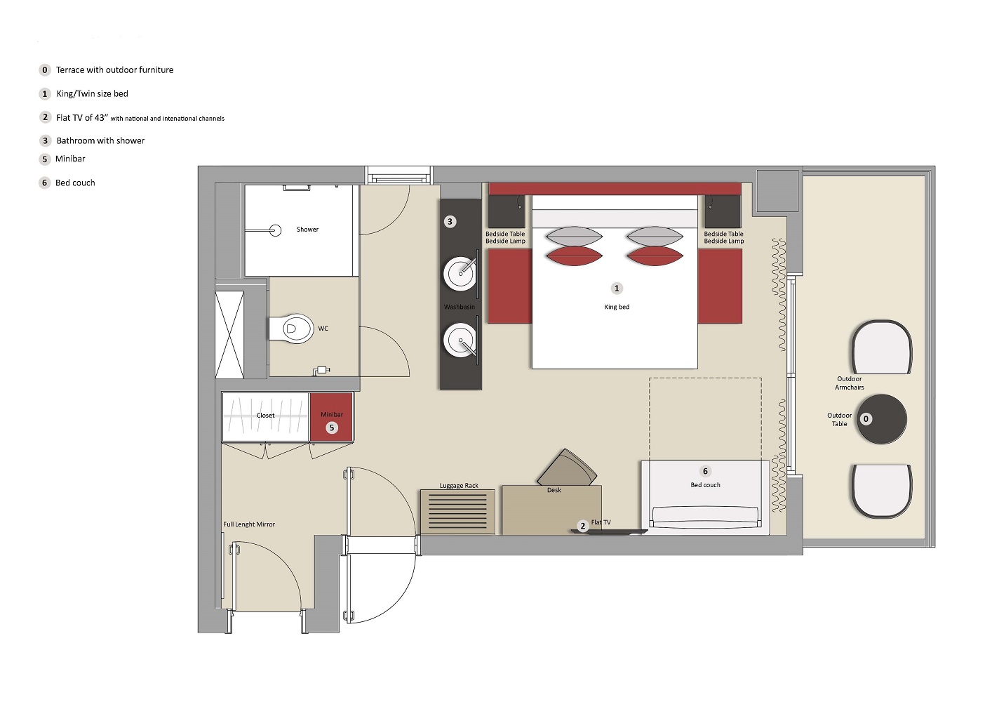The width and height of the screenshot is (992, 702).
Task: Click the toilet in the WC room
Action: [291, 329]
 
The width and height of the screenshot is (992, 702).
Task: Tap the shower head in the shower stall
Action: [276, 230]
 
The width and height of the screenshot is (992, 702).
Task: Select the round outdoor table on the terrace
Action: [881, 419]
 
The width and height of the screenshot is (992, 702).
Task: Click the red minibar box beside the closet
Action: [331, 417]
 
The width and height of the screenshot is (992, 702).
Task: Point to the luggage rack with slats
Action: [457, 512]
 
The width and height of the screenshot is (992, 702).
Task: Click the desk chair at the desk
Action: [567, 468]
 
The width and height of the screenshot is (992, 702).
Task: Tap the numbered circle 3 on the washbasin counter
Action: [450, 222]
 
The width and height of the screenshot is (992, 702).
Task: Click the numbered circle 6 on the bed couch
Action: [706, 471]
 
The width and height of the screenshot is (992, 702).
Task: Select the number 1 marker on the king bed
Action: [617, 289]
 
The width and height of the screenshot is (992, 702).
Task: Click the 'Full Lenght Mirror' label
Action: [249, 524]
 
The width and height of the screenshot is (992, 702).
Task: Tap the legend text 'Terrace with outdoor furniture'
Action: [114, 70]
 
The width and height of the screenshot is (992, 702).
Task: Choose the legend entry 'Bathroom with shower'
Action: [100, 141]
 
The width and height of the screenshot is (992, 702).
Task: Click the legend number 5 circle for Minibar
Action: [45, 159]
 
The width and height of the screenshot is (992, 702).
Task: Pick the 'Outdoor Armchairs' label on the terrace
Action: [850, 383]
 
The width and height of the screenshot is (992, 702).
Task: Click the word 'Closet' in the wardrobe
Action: [265, 416]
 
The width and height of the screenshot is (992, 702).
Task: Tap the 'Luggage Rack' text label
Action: [459, 486]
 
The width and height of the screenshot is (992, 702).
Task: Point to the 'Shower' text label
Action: [307, 229]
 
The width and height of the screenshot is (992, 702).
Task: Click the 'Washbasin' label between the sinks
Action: [460, 307]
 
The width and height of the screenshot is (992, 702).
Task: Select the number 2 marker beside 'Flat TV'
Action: [583, 526]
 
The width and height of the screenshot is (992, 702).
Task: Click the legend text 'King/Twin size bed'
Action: [92, 94]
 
